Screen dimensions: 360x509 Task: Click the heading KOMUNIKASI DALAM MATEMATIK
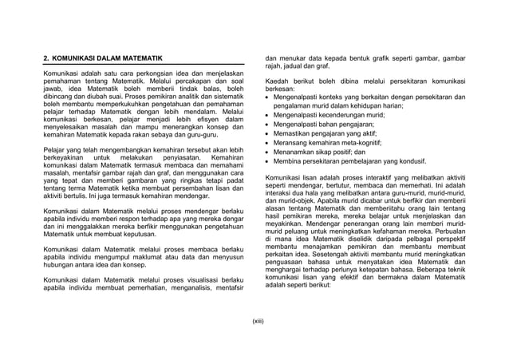click(x=108, y=59)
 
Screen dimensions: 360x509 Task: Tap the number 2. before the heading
click(x=46, y=59)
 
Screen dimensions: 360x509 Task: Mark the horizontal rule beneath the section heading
click(x=143, y=66)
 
